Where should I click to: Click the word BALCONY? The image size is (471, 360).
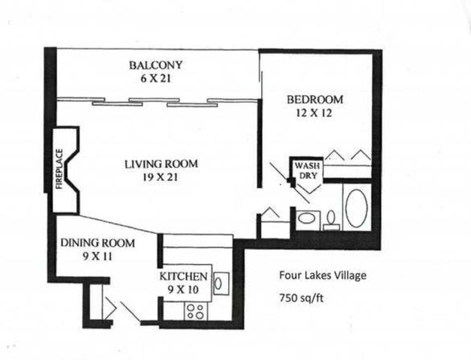tap(155, 64)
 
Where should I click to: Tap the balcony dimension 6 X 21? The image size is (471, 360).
tap(155, 78)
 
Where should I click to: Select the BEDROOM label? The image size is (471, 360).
tap(315, 100)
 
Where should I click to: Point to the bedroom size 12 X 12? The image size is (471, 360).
tap(315, 113)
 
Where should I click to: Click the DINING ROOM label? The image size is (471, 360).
tap(97, 243)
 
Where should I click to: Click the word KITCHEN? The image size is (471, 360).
tap(184, 277)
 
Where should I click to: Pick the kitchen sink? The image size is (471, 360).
tap(220, 283)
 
